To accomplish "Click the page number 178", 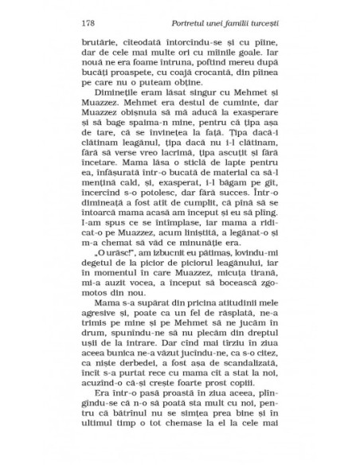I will [x=89, y=20].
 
